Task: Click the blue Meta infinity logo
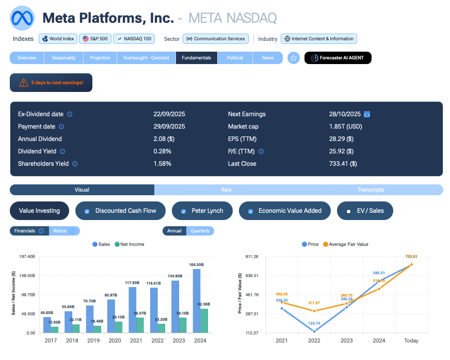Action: click(22, 18)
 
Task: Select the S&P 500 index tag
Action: click(94, 39)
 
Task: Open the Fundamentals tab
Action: click(197, 58)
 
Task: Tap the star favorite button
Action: click(294, 58)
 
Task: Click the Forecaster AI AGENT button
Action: click(338, 58)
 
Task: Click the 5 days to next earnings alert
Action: click(51, 83)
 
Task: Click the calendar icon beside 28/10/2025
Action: click(367, 114)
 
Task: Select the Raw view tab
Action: click(226, 190)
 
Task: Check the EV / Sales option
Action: click(364, 211)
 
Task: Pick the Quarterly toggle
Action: click(200, 231)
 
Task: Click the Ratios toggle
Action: click(64, 231)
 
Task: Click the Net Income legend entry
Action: click(130, 244)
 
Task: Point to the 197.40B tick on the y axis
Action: click(27, 257)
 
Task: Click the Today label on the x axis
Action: click(412, 341)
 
